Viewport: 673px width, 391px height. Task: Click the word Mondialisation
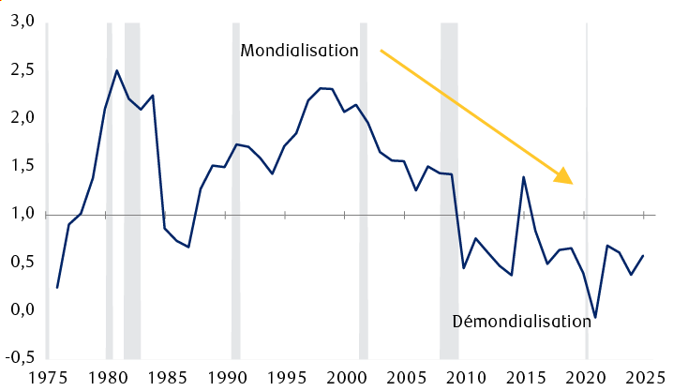[x=299, y=51]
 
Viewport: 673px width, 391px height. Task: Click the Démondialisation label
[x=521, y=321]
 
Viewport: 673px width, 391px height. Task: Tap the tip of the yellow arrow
[x=571, y=182]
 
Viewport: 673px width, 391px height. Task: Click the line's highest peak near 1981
[x=117, y=70]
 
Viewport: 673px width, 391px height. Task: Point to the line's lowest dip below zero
[x=595, y=318]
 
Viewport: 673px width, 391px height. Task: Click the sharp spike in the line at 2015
[x=523, y=177]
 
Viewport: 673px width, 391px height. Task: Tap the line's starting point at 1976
[x=57, y=288]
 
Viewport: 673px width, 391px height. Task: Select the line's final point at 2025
[x=643, y=255]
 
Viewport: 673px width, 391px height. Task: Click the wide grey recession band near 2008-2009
[x=449, y=188]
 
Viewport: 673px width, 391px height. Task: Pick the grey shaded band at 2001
[x=364, y=188]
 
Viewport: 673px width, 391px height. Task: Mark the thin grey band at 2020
[x=586, y=188]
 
